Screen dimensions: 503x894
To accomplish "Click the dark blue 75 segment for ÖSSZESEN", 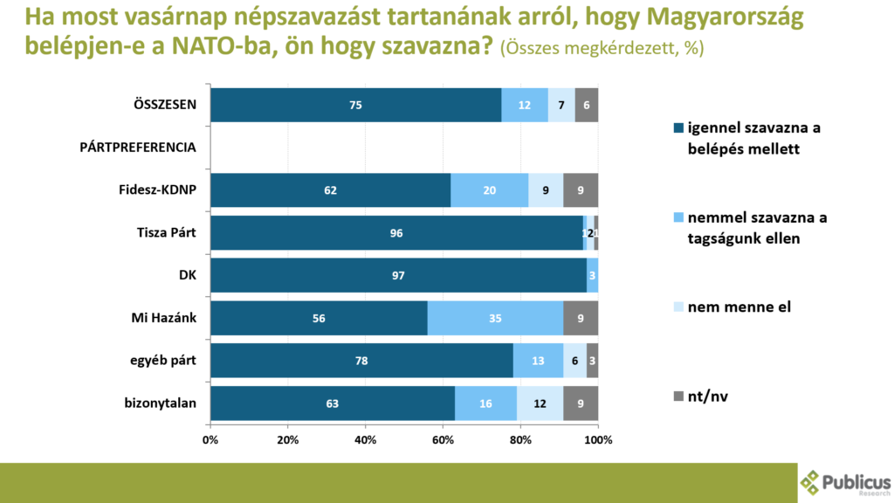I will [355, 105].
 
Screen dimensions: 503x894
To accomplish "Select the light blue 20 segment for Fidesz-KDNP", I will [489, 189].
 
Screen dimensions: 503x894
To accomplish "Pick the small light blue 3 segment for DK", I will [592, 275].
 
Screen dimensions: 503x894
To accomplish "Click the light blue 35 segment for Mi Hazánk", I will [495, 318].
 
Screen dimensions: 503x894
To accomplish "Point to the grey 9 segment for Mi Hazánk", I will [581, 318].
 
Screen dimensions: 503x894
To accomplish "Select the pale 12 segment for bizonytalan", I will [540, 403].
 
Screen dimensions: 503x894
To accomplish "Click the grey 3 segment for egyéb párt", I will [592, 360].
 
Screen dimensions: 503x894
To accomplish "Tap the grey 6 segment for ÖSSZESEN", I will [586, 105].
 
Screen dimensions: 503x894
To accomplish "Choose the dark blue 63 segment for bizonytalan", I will [332, 403].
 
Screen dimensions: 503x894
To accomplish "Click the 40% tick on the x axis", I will [365, 439].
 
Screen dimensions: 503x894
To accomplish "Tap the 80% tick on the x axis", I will [520, 439].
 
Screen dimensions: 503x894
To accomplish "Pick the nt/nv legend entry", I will [707, 396].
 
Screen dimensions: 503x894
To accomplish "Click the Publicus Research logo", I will [845, 483].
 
